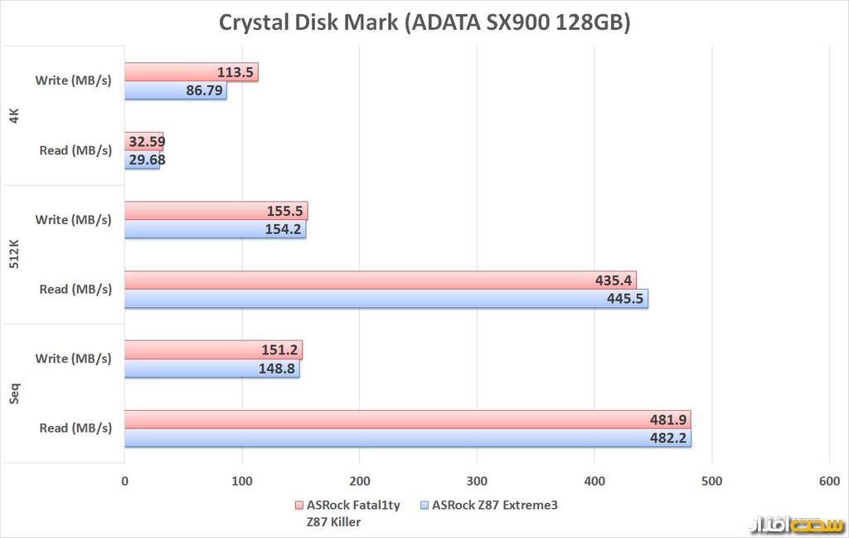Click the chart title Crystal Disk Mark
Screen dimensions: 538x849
point(424,22)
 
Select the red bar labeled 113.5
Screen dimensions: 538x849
point(191,72)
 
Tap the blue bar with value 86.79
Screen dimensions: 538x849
point(175,90)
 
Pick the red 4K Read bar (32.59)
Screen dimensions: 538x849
point(143,141)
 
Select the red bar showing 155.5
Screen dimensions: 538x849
point(216,211)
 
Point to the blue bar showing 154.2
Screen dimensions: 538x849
point(215,229)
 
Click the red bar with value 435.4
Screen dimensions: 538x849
point(380,281)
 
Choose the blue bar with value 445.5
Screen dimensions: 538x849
point(386,299)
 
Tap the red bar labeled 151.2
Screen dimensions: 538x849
point(213,350)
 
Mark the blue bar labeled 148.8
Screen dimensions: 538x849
point(211,368)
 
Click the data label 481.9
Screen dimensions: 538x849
point(668,419)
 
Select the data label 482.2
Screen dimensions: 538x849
point(668,438)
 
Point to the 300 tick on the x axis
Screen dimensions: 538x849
point(477,481)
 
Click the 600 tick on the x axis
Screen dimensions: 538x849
point(829,481)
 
